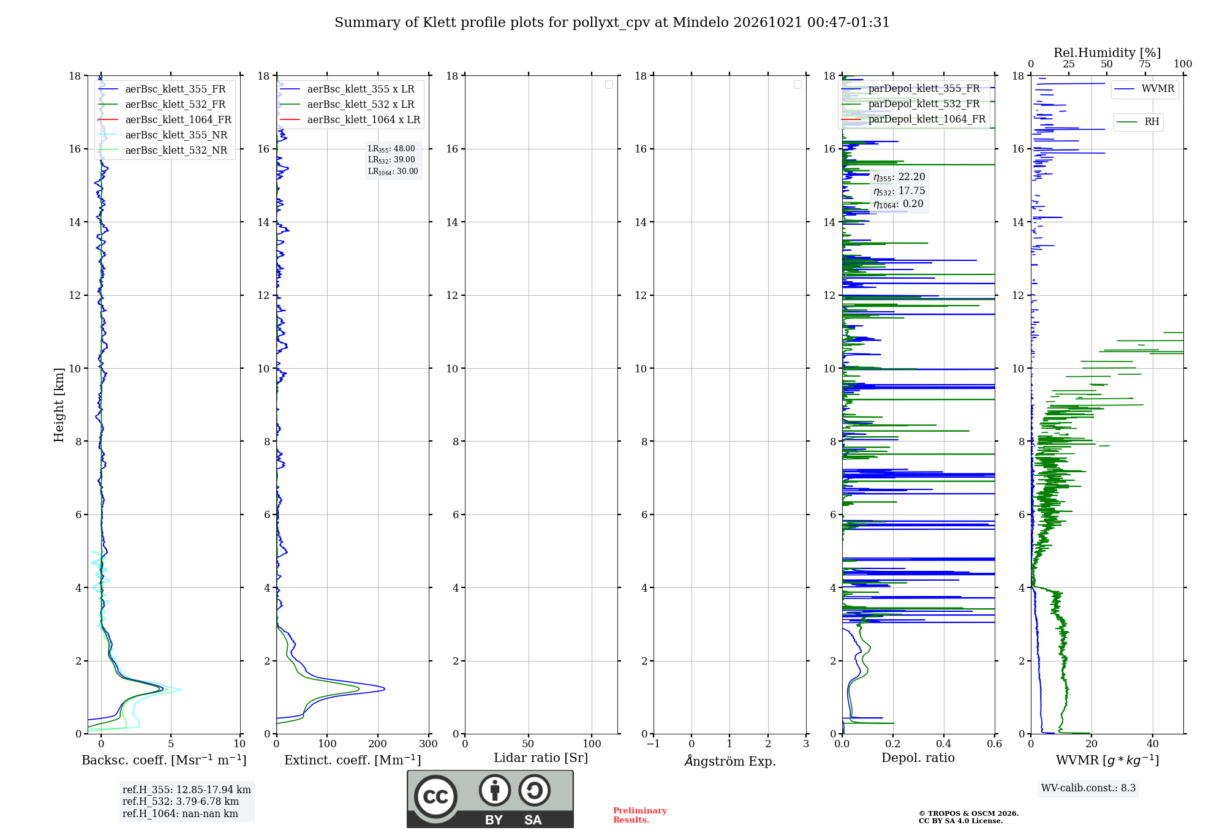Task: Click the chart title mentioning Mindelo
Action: click(612, 23)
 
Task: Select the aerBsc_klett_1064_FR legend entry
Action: click(165, 119)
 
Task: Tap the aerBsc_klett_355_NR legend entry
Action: click(163, 135)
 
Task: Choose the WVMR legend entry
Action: click(1144, 89)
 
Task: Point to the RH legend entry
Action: click(1138, 122)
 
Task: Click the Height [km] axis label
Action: click(59, 405)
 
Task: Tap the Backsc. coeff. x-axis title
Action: click(164, 760)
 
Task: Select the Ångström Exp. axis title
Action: click(730, 761)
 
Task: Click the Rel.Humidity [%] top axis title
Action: click(1107, 53)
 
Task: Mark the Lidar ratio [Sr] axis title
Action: click(541, 758)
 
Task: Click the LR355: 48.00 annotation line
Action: click(391, 149)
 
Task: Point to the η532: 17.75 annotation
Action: click(899, 191)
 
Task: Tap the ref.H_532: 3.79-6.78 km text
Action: click(181, 801)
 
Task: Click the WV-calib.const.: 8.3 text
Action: click(1088, 788)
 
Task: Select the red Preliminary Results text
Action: click(640, 815)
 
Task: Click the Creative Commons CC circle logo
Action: click(435, 797)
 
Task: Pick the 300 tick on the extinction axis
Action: click(429, 744)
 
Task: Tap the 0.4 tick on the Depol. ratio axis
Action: click(944, 744)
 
